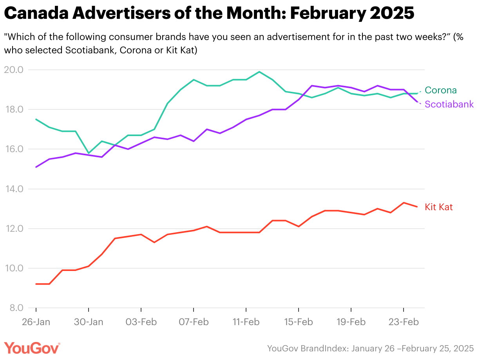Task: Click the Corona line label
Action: [441, 90]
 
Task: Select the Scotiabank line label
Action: [449, 104]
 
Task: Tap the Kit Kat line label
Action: [439, 207]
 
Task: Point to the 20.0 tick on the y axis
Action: [14, 70]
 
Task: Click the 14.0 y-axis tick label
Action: [14, 189]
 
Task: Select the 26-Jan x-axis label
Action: [36, 322]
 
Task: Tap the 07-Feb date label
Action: [194, 322]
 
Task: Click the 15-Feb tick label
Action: [299, 322]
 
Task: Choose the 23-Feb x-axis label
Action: [404, 322]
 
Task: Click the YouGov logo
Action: [32, 348]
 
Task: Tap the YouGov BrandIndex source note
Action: [370, 348]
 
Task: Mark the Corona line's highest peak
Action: [259, 72]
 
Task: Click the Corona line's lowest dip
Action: [89, 153]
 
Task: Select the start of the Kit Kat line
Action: [36, 284]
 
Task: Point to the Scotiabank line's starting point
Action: [36, 167]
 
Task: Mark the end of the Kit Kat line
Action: [417, 207]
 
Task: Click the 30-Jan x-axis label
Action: [89, 322]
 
